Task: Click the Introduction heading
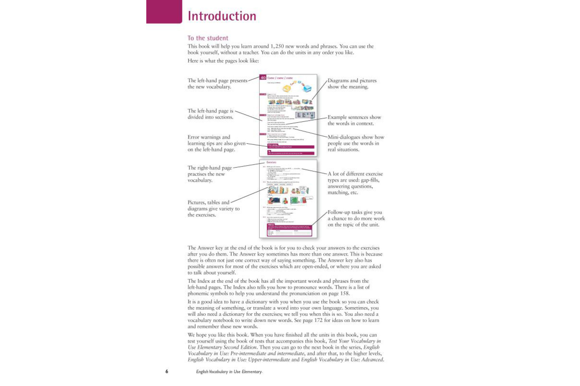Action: pos(222,16)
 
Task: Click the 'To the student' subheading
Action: pos(208,38)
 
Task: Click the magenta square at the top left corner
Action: pos(164,12)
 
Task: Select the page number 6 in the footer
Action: pos(167,372)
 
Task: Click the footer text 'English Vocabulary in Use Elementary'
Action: pos(229,372)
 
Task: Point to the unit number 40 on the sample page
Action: pos(263,78)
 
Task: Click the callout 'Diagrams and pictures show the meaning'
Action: pos(352,84)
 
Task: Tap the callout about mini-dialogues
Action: pos(356,143)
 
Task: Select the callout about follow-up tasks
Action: pos(356,218)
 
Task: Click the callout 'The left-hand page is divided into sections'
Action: pos(211,114)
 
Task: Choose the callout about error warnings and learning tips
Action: pos(216,143)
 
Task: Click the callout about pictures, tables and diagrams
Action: pos(213,208)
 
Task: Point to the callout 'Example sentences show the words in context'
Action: pos(354,120)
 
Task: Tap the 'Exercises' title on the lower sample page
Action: pos(271,162)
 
